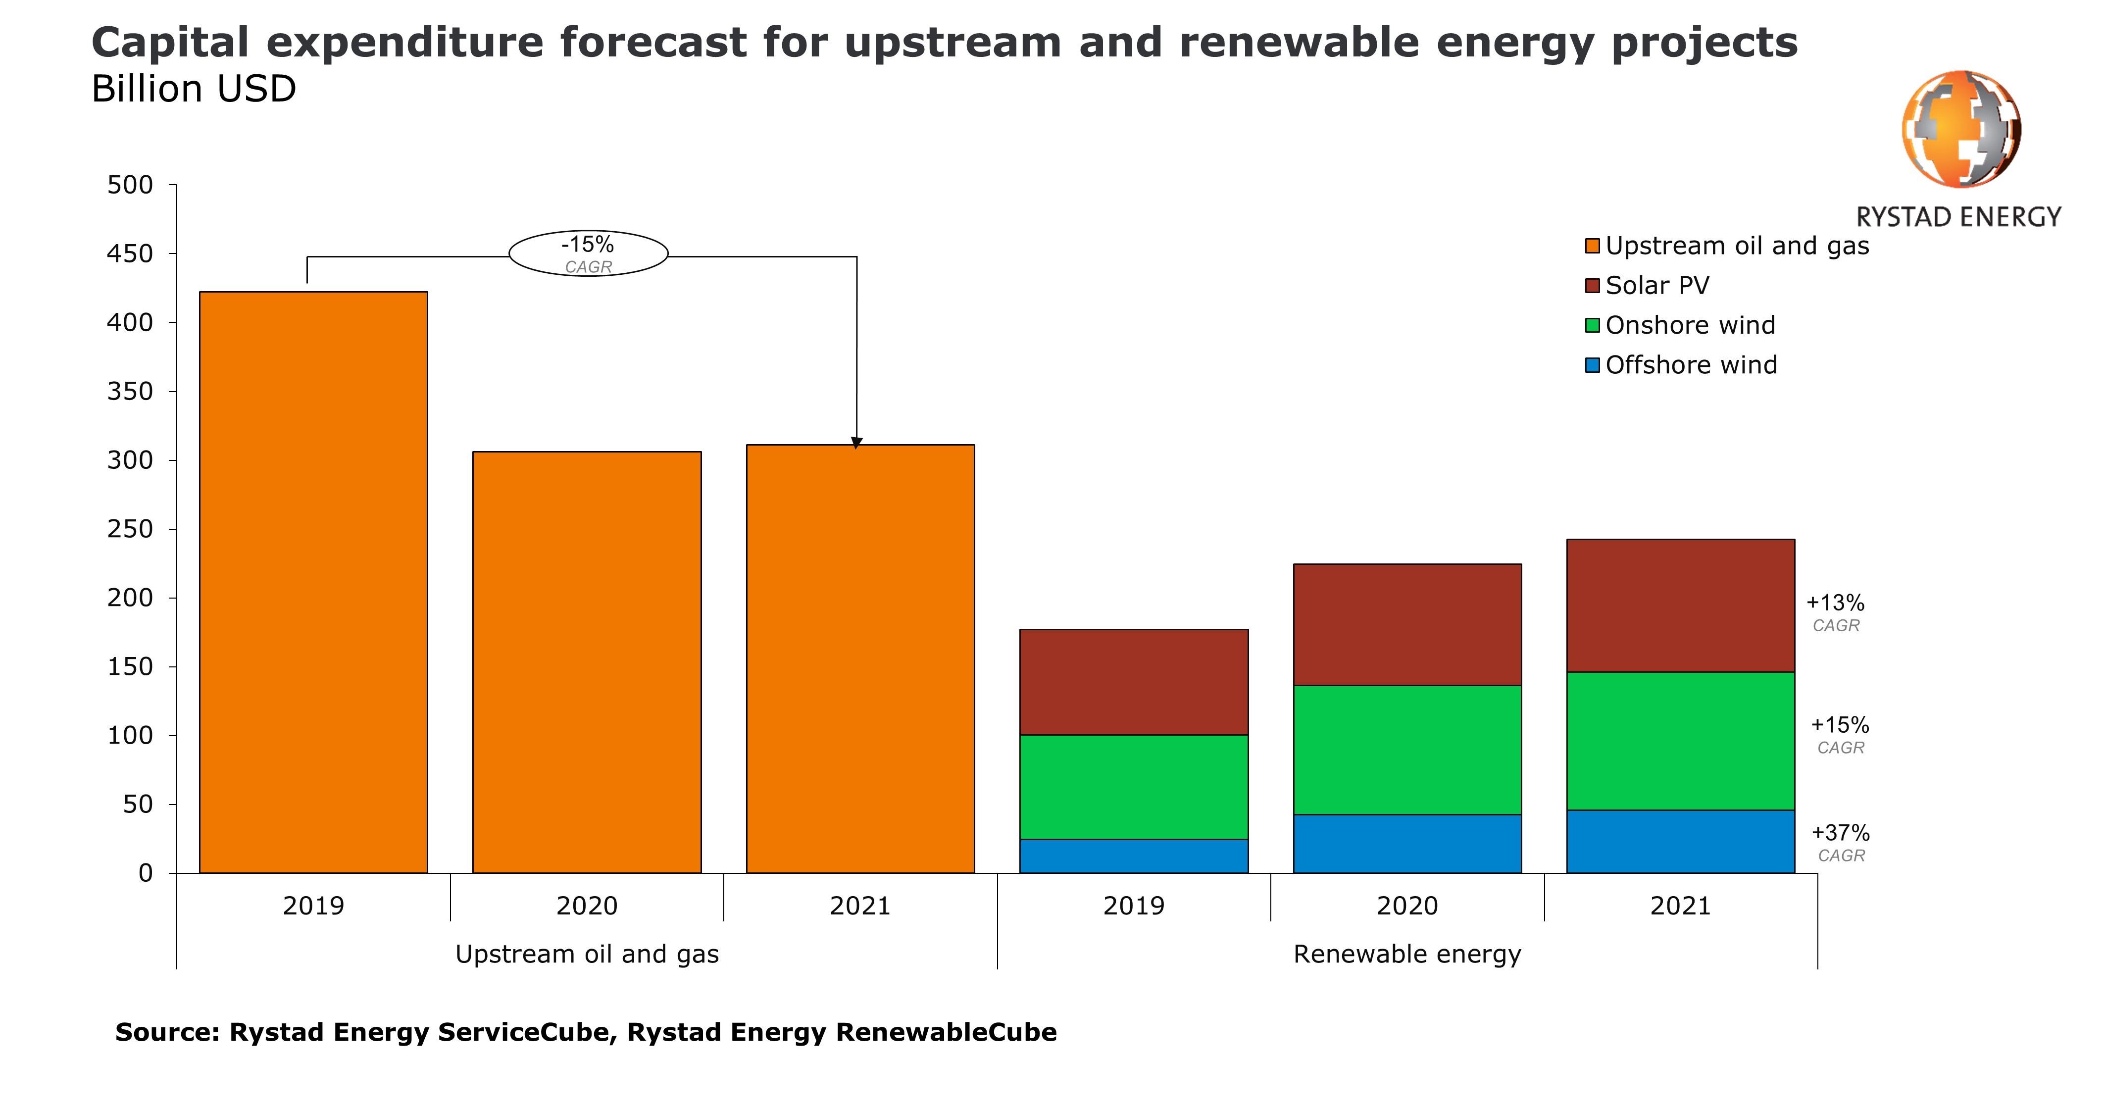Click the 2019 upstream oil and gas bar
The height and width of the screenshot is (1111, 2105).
point(314,582)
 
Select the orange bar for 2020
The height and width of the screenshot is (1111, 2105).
point(587,662)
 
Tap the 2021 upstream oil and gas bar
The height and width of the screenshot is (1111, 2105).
point(860,659)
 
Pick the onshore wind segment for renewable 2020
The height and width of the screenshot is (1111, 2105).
point(1407,750)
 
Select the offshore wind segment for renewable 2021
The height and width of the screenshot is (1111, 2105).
point(1681,841)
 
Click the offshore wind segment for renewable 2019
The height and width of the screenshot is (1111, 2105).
point(1134,856)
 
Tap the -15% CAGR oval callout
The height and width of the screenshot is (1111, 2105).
point(588,253)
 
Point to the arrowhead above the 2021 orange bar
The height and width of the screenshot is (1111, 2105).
point(856,443)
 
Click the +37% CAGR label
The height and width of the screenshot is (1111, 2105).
point(1840,843)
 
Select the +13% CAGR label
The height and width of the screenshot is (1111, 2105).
point(1835,613)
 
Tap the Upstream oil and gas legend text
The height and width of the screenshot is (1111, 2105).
point(1737,246)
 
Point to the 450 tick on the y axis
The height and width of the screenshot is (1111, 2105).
point(172,253)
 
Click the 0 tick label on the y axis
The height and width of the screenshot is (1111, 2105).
point(146,873)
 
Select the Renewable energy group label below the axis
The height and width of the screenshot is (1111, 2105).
point(1407,954)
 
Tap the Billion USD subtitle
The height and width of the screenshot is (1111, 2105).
point(194,89)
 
